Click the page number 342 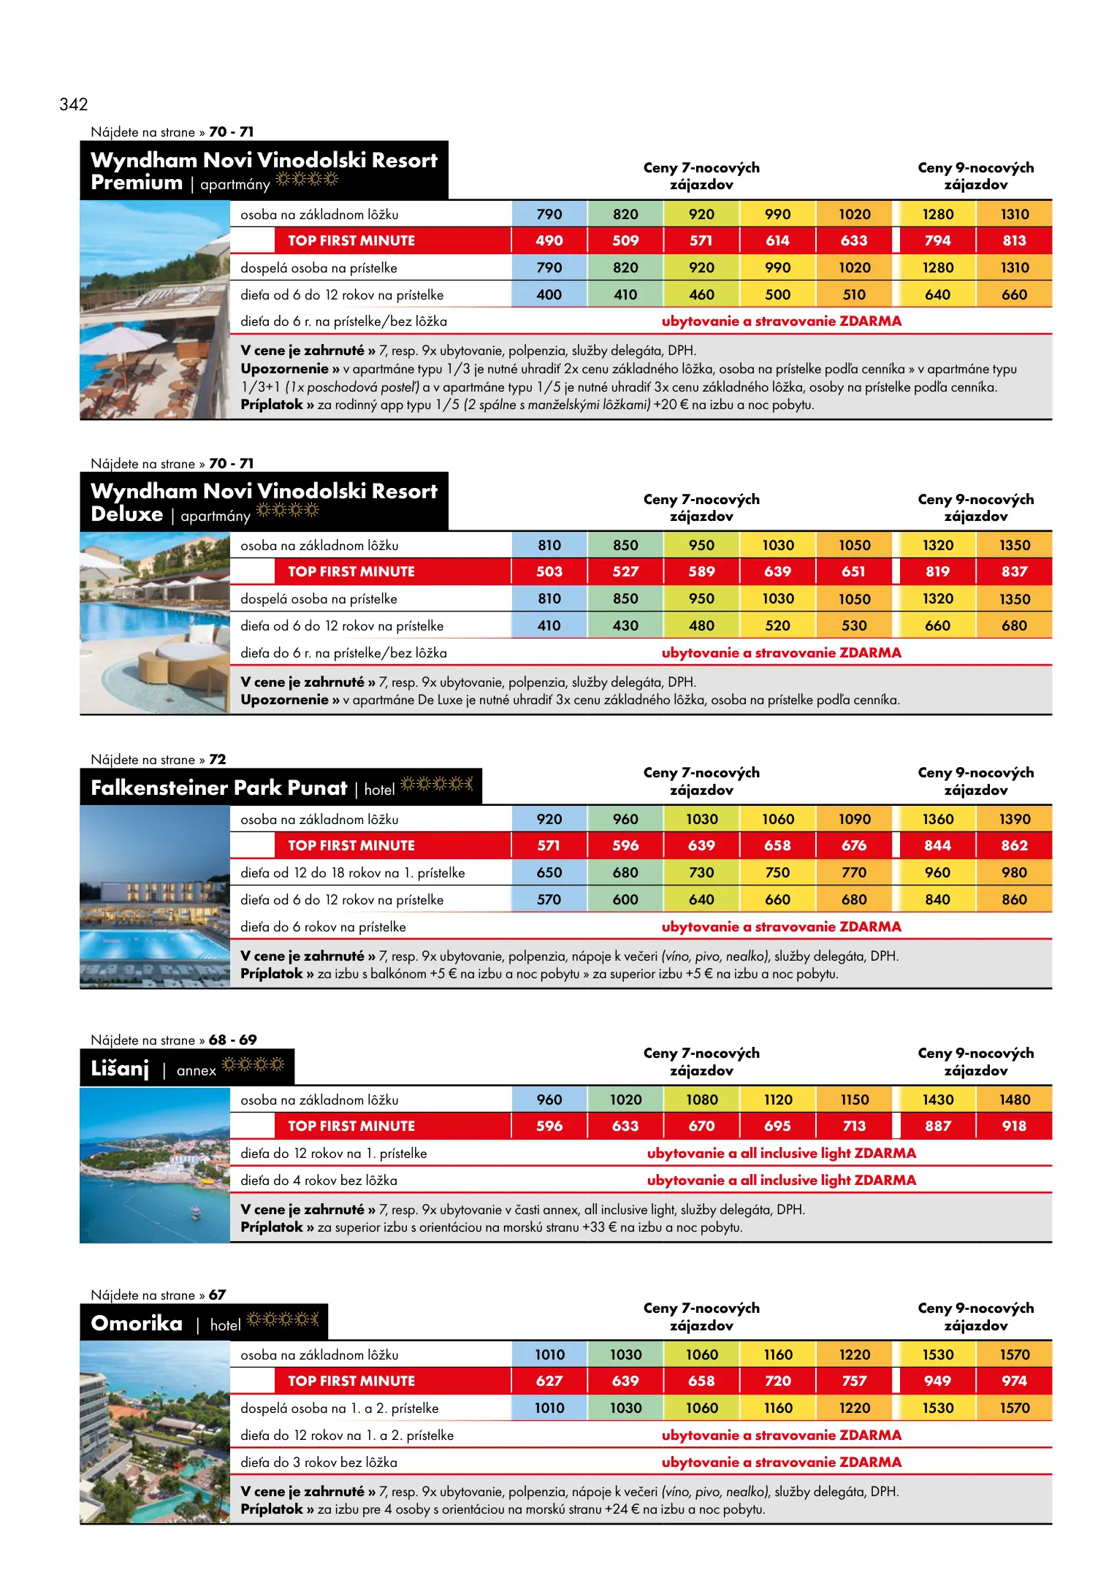(74, 104)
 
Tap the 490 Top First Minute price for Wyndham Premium (549, 240)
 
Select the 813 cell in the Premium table (1014, 240)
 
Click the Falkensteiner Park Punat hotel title (219, 788)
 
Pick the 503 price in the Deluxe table (549, 571)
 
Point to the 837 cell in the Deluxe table (1014, 571)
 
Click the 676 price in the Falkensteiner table (854, 845)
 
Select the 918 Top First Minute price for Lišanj (1014, 1126)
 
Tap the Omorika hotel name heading (137, 1323)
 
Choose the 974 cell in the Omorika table (1014, 1381)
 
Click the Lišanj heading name (120, 1069)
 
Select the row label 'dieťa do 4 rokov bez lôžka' (319, 1180)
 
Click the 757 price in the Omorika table (854, 1381)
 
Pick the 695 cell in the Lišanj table (777, 1126)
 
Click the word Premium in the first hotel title (137, 183)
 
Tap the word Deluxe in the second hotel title (127, 514)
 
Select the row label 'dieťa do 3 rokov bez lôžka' (319, 1462)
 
